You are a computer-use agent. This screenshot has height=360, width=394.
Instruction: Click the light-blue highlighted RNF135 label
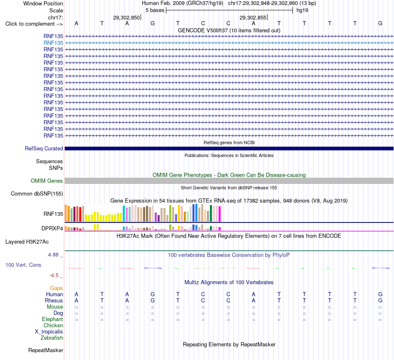(53, 43)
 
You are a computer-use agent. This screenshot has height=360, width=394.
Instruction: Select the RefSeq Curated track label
(44, 149)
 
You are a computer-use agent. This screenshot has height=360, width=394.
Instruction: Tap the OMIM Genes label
(47, 181)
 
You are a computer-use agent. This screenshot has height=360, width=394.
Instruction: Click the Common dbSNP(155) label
(37, 194)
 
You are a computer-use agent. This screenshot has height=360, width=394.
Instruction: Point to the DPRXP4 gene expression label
(52, 228)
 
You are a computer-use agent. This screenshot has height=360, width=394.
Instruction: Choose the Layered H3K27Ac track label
(27, 242)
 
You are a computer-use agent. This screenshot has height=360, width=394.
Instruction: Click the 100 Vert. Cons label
(23, 265)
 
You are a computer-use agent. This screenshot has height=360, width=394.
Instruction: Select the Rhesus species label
(54, 300)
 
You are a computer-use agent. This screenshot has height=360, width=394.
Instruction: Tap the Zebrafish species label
(52, 338)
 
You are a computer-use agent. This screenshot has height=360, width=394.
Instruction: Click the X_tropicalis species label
(49, 332)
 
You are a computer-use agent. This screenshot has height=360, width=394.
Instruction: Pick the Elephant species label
(52, 319)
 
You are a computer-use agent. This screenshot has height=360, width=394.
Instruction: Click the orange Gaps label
(56, 288)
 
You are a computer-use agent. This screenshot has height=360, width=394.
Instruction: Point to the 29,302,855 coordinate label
(253, 17)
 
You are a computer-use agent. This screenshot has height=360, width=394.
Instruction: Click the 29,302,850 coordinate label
(126, 17)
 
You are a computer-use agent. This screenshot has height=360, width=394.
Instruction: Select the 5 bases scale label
(155, 10)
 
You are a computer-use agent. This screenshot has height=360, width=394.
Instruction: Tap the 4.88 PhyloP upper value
(53, 255)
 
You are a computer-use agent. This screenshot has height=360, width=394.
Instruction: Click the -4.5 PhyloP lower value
(54, 275)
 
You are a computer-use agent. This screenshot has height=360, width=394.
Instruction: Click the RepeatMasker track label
(46, 350)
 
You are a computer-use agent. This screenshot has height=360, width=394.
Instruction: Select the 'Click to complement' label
(34, 24)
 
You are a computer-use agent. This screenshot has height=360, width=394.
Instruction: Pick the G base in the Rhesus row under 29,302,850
(153, 300)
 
